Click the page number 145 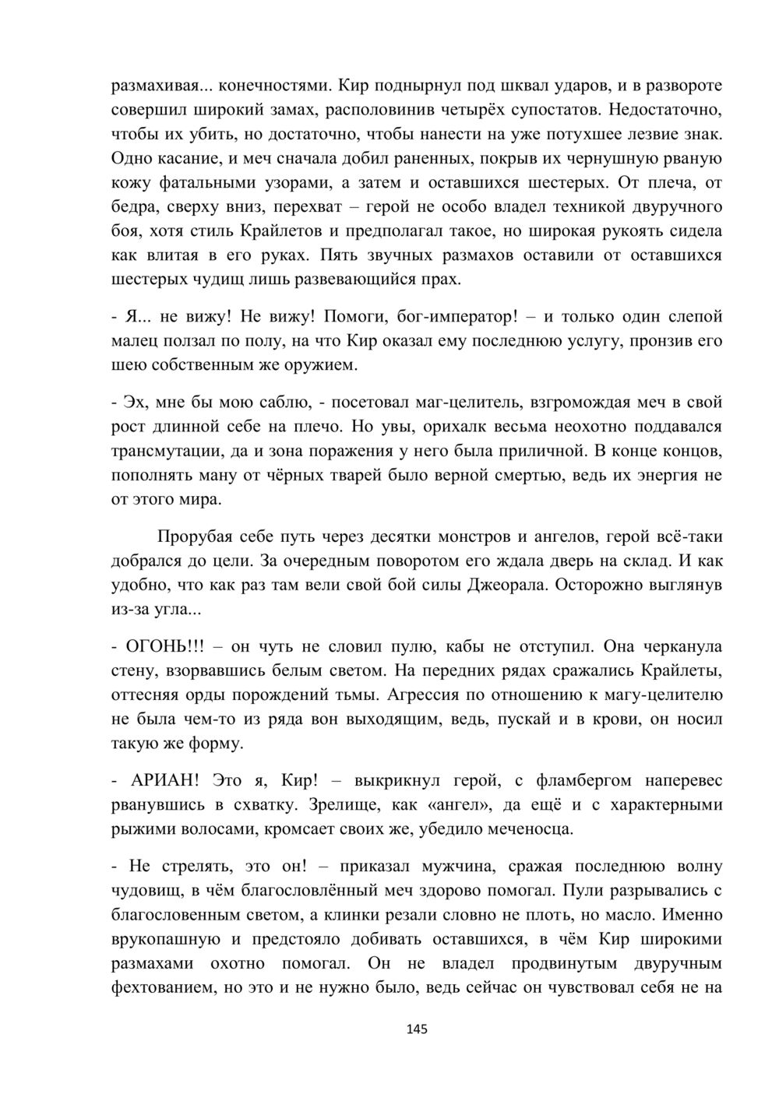tap(417, 1029)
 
